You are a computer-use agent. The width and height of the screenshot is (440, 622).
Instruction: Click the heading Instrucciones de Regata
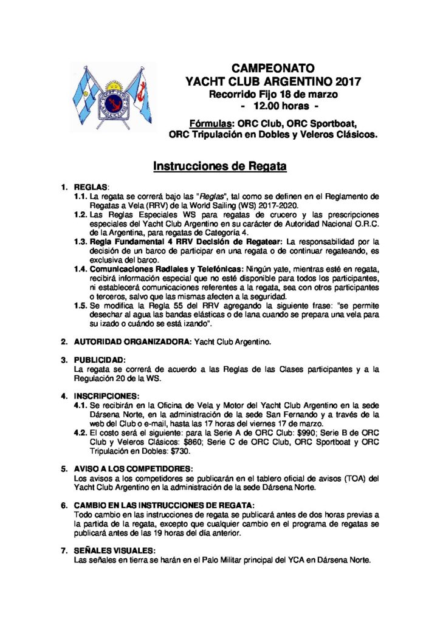(x=219, y=165)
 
